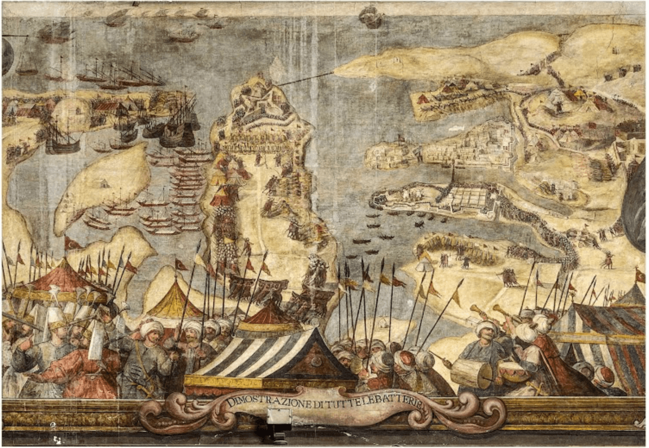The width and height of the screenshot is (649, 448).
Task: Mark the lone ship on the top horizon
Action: tap(370, 18)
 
